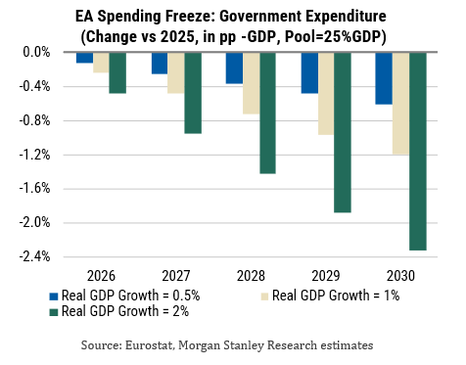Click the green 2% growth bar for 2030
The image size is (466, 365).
pos(418,152)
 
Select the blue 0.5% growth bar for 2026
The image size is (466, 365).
pos(84,58)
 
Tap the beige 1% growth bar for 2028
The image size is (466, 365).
pos(251,83)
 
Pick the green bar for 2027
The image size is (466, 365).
pos(193,93)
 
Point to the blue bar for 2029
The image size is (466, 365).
pos(309,73)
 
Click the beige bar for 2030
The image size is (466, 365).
pos(400,104)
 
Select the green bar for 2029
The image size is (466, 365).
pos(343,132)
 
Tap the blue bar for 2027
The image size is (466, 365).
pos(160,64)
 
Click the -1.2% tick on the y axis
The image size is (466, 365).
pos(35,155)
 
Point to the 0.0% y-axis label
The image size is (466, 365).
pos(36,52)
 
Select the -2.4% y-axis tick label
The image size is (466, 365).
pos(35,256)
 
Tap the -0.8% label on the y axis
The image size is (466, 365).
pos(35,120)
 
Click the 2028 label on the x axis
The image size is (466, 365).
pos(251,276)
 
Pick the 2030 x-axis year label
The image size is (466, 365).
pos(400,276)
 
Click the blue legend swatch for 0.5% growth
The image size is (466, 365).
pos(54,297)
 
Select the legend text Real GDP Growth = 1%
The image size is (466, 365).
pos(336,296)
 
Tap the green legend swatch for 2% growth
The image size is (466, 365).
pos(54,312)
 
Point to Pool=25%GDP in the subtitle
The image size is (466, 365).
pos(336,36)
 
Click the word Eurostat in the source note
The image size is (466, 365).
pos(149,345)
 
